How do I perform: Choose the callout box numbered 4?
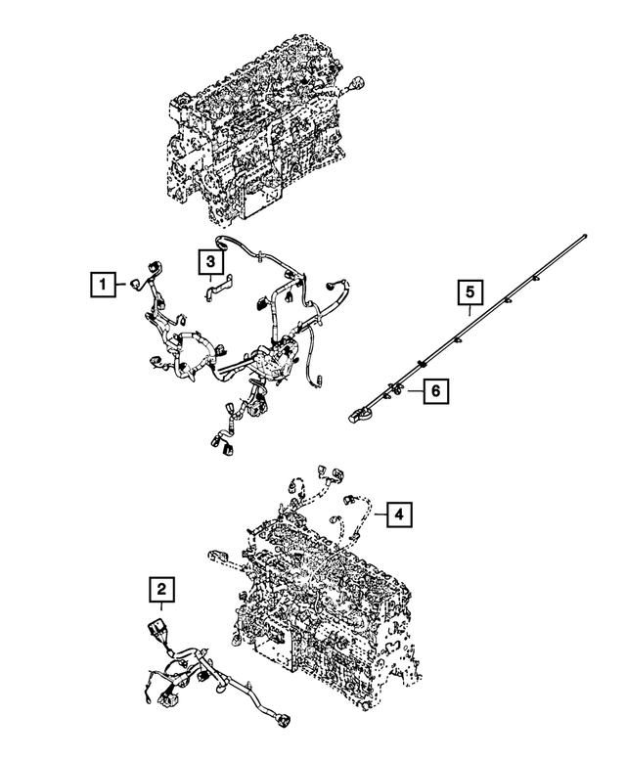(x=398, y=512)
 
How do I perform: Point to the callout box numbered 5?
(x=469, y=291)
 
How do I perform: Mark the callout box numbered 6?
(x=436, y=391)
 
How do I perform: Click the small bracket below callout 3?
(x=216, y=289)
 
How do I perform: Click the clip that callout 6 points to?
(x=396, y=390)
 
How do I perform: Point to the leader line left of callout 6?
(x=415, y=391)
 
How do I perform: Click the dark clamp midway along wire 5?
(x=422, y=364)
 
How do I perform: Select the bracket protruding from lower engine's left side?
(x=219, y=559)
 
